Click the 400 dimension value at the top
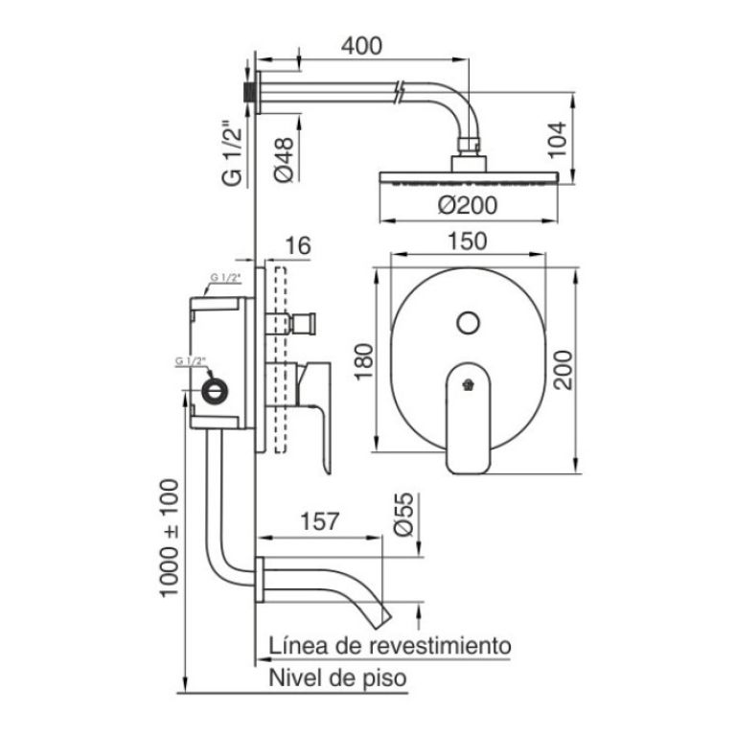(x=361, y=46)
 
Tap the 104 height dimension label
(x=558, y=140)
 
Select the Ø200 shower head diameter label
(x=468, y=206)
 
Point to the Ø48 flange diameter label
(x=284, y=160)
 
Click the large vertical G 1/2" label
(x=233, y=154)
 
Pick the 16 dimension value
(x=298, y=245)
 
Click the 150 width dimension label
(x=468, y=241)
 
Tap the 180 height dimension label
(x=364, y=362)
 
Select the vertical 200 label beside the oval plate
(x=563, y=370)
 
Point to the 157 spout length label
(x=319, y=521)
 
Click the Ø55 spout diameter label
(x=404, y=514)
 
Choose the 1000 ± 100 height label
(x=170, y=538)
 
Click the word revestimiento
(x=440, y=646)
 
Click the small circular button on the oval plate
(x=468, y=322)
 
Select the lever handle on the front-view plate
(x=468, y=417)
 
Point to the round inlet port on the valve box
(x=215, y=390)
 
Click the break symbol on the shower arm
(x=400, y=92)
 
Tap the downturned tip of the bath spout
(x=381, y=619)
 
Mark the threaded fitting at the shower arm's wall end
(x=248, y=92)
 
